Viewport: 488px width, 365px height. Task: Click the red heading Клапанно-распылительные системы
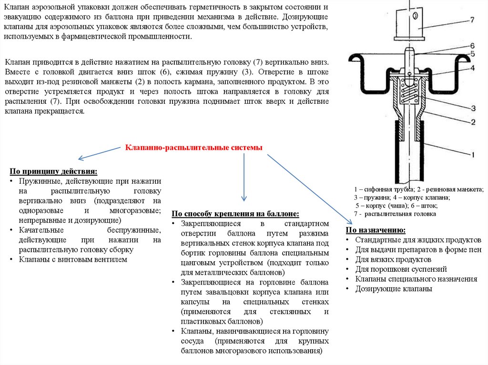(x=193, y=148)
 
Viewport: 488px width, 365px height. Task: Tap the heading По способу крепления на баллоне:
(x=235, y=214)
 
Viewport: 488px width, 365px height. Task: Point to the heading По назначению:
(x=376, y=230)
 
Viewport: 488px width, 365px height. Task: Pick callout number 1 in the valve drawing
(x=473, y=155)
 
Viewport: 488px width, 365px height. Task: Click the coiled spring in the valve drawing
(x=408, y=93)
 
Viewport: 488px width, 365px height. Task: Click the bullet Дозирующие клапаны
(x=394, y=289)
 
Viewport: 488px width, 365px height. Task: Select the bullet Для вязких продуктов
(x=393, y=259)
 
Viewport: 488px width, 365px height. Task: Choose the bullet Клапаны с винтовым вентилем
(x=73, y=259)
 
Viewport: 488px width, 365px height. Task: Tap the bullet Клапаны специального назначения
(x=416, y=279)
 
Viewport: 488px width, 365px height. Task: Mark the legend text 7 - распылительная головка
(x=395, y=214)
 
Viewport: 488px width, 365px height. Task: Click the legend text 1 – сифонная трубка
(x=378, y=189)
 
